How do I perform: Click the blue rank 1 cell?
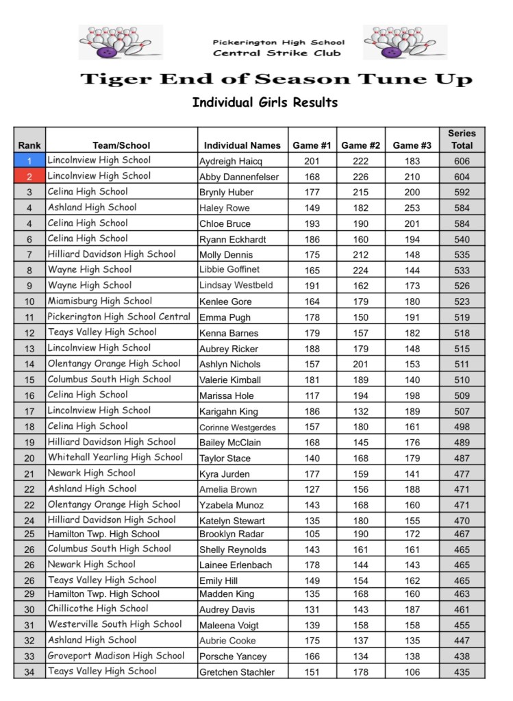point(29,161)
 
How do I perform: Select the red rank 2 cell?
point(29,177)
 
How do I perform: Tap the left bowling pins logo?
point(121,42)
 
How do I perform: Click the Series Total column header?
point(462,139)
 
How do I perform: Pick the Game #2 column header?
point(360,145)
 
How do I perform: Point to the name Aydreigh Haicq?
point(231,162)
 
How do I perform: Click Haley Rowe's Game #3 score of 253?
point(412,208)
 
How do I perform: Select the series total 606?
point(462,161)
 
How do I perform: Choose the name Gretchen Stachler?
point(237,672)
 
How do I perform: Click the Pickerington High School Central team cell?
point(118,317)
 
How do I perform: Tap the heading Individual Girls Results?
point(265,103)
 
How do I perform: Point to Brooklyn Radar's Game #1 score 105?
point(312,534)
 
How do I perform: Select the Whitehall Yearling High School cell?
point(115,457)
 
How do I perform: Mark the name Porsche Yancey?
point(233,656)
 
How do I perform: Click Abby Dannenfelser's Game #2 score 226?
point(360,177)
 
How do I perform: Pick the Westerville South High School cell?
point(114,624)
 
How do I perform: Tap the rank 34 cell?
point(29,672)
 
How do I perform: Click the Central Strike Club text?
point(277,53)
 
